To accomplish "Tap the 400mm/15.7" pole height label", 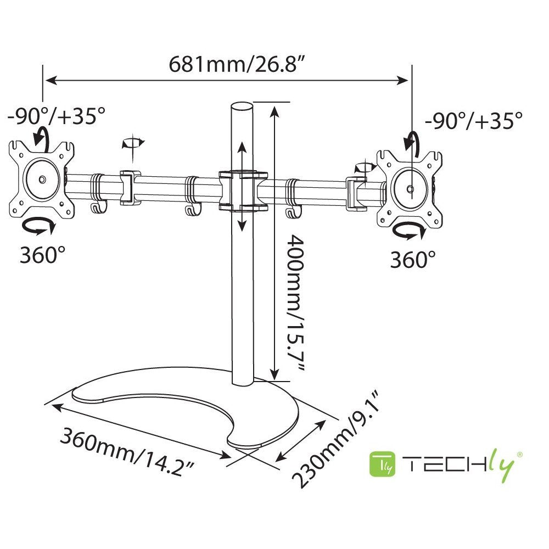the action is coord(294,304).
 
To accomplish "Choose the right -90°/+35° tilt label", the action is coord(474,120).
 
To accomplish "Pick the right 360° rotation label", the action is coord(413,259).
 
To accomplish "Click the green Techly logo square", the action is coord(383,464).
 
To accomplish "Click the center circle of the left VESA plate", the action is coord(42,180).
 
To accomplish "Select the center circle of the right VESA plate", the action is coord(410,189).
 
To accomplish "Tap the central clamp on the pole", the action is coord(243,191).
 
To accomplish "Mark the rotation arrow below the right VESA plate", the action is coord(409,232).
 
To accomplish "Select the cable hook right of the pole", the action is coord(293,210).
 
